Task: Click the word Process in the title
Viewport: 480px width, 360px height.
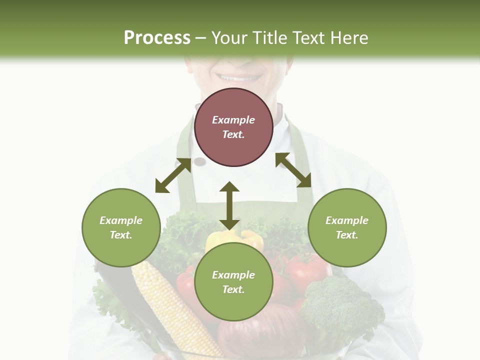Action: (x=157, y=38)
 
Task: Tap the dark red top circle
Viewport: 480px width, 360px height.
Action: (x=233, y=127)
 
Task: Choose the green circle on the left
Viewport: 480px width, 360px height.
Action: (x=121, y=227)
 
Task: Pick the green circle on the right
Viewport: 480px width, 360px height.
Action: (x=347, y=227)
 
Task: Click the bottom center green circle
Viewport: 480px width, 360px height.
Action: (x=233, y=282)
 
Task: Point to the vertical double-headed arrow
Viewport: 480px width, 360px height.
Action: (x=229, y=205)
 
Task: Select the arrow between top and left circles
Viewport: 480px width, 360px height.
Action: (x=173, y=175)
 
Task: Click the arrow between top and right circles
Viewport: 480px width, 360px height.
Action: (x=293, y=170)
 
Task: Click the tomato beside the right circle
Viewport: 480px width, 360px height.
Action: (x=307, y=270)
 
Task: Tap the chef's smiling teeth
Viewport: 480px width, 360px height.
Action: (x=238, y=78)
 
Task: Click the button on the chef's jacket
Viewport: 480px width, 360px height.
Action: (x=199, y=161)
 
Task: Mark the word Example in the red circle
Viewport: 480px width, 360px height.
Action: (x=233, y=120)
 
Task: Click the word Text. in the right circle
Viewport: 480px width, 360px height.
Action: (x=347, y=235)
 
